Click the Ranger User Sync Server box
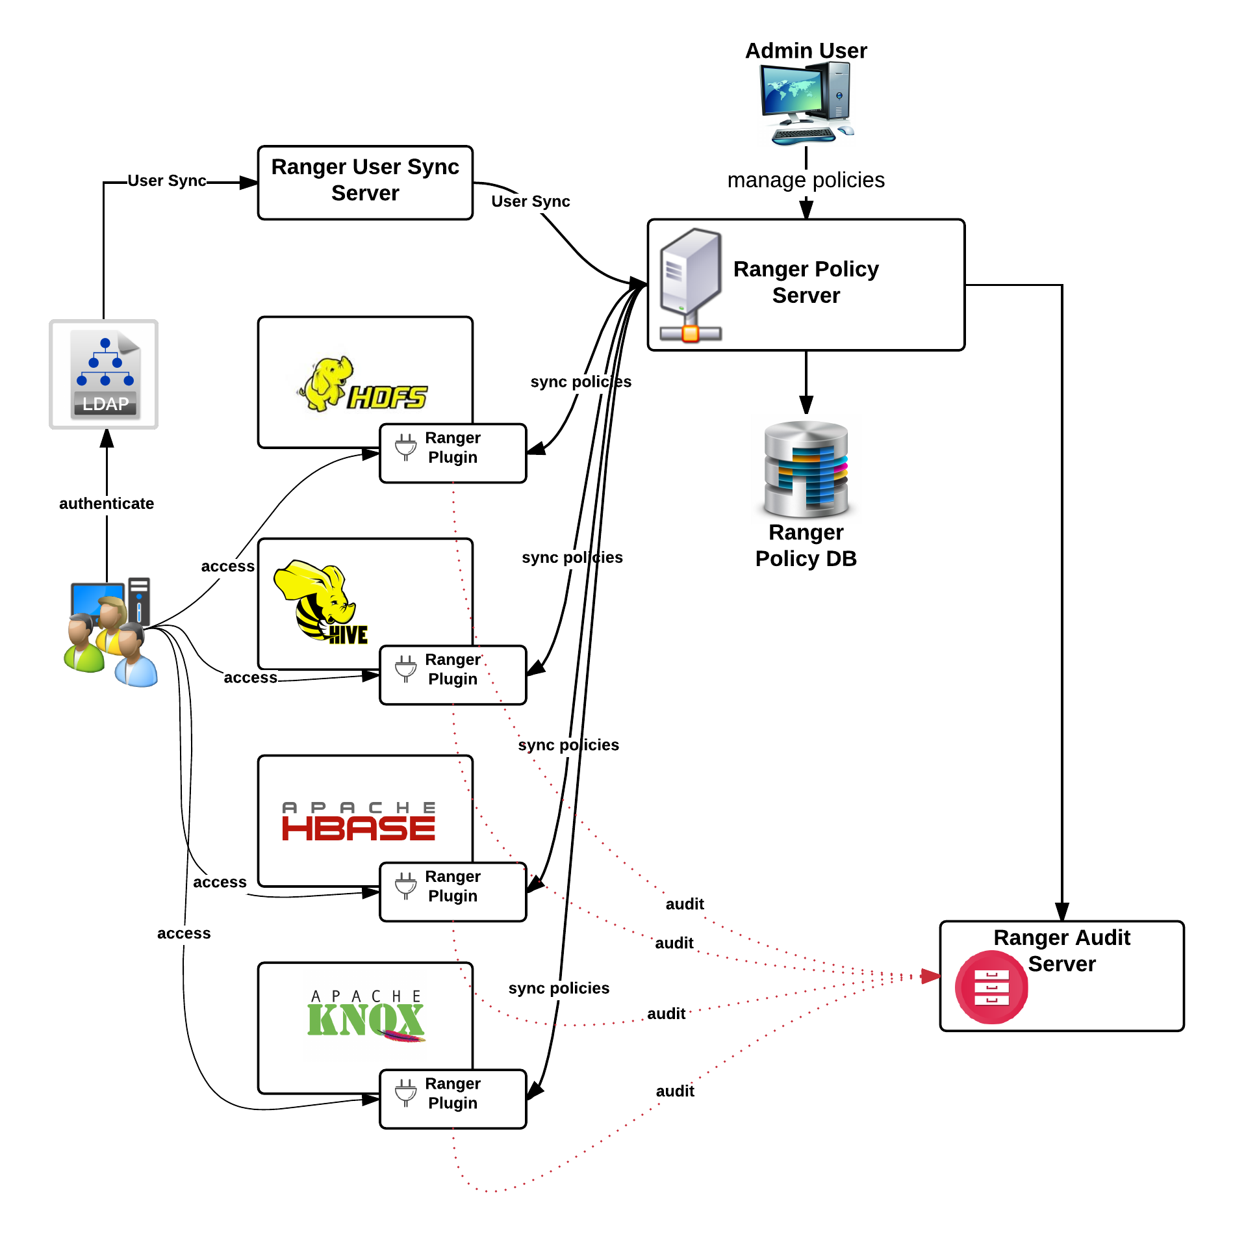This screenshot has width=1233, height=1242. [x=365, y=183]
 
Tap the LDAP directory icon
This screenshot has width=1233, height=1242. [x=104, y=374]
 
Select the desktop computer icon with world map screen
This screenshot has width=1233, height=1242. [x=806, y=103]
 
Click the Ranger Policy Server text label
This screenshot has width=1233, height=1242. [x=806, y=282]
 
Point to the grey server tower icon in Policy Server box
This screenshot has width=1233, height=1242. [x=691, y=283]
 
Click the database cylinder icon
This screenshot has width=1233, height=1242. [x=806, y=469]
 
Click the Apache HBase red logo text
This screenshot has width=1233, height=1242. [x=359, y=828]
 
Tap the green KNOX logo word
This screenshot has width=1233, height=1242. [x=366, y=1020]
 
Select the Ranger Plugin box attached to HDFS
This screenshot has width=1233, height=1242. [x=453, y=453]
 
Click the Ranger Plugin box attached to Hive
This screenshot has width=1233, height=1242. [x=453, y=675]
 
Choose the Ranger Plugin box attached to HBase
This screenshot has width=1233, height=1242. [x=453, y=892]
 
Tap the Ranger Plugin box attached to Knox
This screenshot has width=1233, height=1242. [x=453, y=1099]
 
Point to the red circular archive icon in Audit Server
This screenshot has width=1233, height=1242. [x=991, y=987]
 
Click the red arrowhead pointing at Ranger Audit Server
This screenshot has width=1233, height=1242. [x=930, y=976]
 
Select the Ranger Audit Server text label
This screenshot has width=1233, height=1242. [x=1062, y=950]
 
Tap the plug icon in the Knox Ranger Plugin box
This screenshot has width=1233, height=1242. [x=406, y=1093]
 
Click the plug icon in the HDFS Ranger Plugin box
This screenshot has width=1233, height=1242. [x=406, y=447]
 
